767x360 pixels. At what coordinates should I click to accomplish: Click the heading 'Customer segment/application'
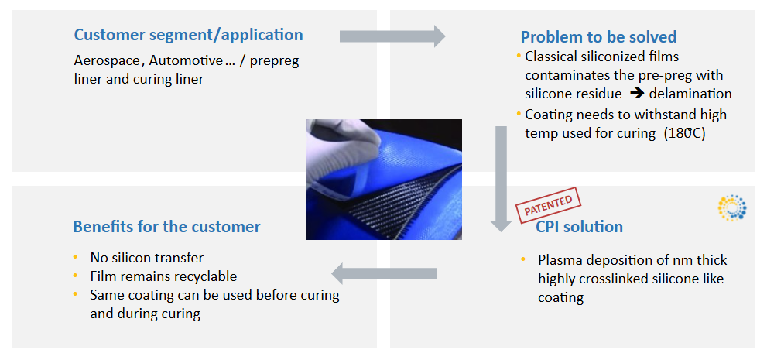tap(188, 35)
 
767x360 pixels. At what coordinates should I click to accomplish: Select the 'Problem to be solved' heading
tap(598, 36)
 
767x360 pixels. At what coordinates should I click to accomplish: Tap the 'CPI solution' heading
tap(579, 227)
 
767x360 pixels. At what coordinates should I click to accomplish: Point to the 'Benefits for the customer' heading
tap(166, 227)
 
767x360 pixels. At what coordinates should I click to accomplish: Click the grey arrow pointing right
tap(392, 36)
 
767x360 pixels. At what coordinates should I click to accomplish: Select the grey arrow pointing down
tap(502, 178)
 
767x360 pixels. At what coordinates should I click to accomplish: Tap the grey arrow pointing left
tap(384, 273)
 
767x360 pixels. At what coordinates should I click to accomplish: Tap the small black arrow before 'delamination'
tap(636, 94)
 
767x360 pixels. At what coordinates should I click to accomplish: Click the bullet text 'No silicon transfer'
tap(146, 258)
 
